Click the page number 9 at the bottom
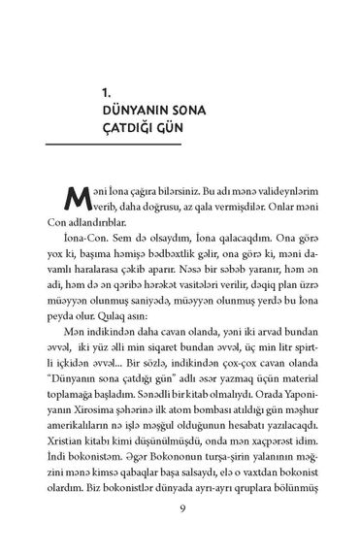[x=181, y=513]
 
